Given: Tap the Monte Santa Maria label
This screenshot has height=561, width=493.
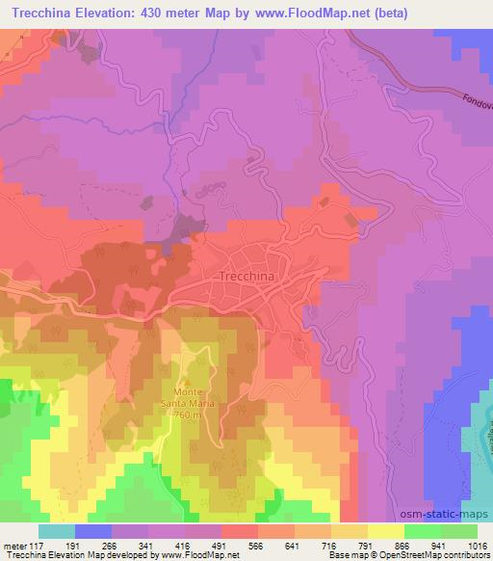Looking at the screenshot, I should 208,397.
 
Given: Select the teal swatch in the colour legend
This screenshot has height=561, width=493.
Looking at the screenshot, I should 57,531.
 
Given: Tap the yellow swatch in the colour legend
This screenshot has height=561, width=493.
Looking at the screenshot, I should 385,531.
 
